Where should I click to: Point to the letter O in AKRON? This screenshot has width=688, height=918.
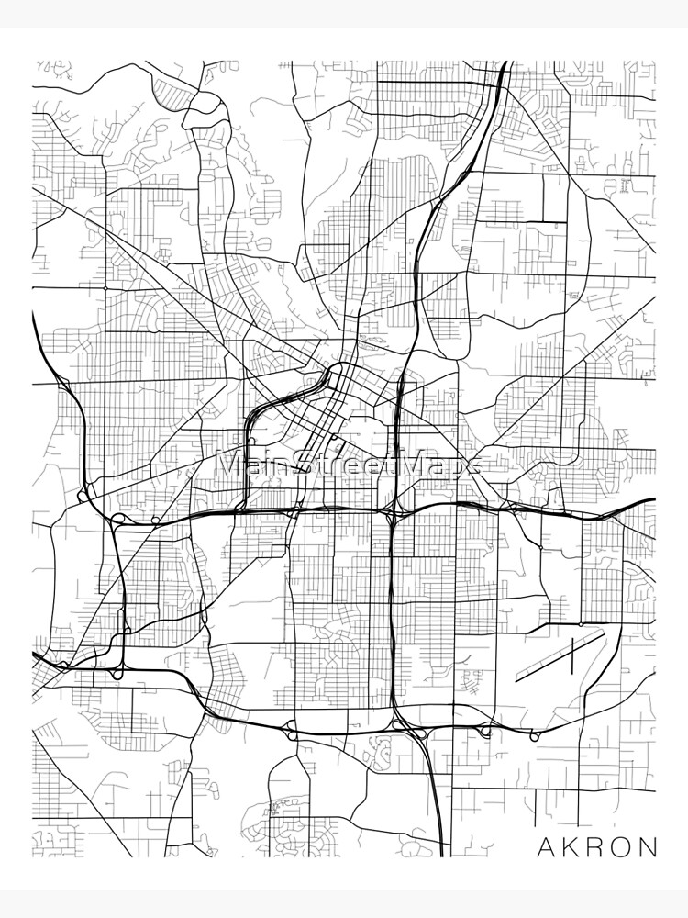623,845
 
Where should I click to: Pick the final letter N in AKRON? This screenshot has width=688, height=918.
650,845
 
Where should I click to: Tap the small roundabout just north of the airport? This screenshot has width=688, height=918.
540,547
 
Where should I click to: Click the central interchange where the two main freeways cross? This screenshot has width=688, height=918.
392,511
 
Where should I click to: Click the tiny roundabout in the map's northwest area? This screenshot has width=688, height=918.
105,287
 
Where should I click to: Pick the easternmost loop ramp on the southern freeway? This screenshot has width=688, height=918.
531,733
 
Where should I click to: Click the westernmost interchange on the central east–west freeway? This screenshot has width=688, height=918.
118,521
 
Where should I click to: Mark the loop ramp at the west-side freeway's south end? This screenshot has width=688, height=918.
118,673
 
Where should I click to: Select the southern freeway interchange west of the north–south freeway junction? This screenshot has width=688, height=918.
292,730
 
